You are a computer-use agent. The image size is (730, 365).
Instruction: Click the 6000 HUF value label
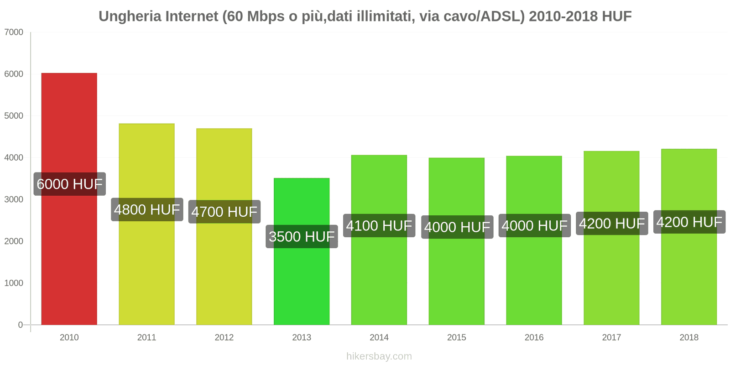point(69,184)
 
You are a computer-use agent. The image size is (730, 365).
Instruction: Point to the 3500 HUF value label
point(302,236)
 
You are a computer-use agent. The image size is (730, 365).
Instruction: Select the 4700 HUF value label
point(224,212)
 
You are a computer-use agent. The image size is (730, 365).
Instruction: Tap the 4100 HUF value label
point(379,225)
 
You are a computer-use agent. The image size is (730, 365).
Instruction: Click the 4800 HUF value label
point(147,209)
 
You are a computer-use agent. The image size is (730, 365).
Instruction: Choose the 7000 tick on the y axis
point(14,32)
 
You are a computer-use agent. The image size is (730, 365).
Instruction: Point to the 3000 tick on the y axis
point(14,199)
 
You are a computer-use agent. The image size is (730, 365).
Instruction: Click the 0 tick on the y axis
point(20,325)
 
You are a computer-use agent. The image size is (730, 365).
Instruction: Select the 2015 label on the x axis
point(456,337)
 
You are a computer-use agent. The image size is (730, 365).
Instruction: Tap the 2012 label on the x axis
point(224,337)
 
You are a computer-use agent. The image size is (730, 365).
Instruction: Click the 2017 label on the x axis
point(611,337)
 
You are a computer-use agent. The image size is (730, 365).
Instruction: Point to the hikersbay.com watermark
point(379,356)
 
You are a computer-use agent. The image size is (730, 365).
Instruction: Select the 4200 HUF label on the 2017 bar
point(611,224)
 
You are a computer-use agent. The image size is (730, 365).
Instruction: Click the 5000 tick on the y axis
point(14,116)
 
